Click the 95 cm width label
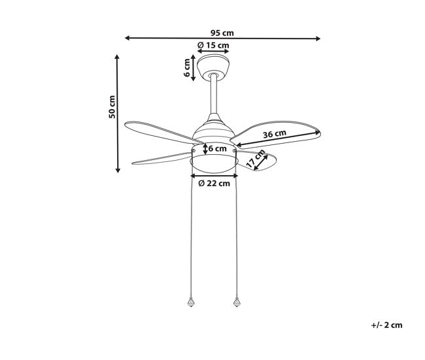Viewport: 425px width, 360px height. pos(222,33)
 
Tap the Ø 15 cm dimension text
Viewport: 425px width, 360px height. pos(213,45)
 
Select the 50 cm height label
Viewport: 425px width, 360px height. pos(112,106)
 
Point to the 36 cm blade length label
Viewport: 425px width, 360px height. pos(275,133)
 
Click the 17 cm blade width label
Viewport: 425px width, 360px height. pos(255,158)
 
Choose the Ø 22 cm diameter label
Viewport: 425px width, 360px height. pos(214,184)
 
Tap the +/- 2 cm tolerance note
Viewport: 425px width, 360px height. pos(386,325)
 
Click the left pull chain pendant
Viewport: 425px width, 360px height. pos(192,302)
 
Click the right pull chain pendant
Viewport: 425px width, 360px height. pos(237,302)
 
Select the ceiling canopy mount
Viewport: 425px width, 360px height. pos(213,67)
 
